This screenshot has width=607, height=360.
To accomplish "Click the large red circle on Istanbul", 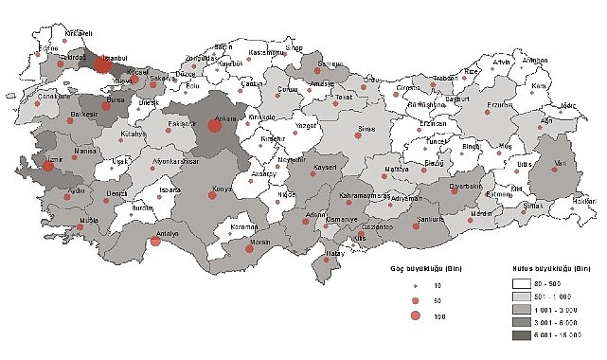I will click(101, 65).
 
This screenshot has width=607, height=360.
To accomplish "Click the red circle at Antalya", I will click(156, 240).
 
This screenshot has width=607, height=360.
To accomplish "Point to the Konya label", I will click(222, 188).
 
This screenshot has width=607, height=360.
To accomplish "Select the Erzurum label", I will click(499, 105).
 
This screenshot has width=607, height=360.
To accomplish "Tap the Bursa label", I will click(116, 98).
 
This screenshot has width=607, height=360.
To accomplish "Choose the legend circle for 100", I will click(415, 315).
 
